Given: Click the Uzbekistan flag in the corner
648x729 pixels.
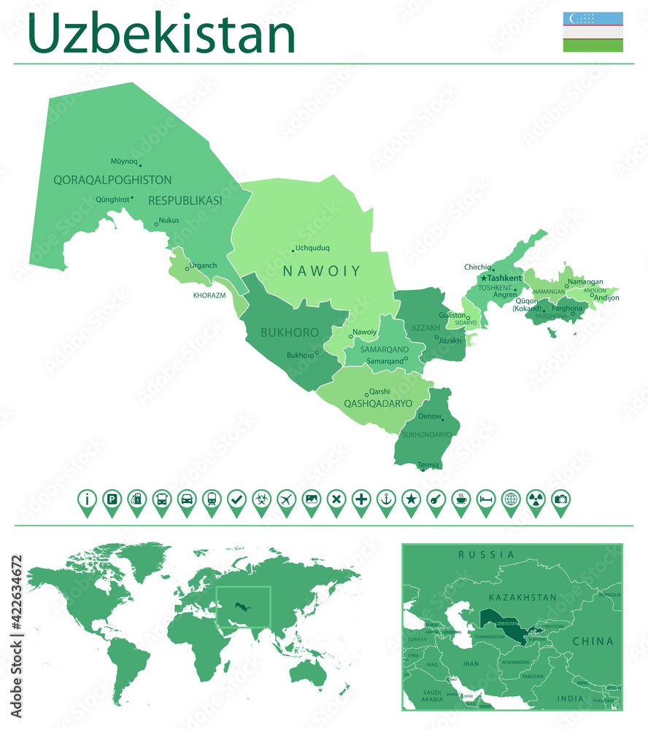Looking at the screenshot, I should click(x=593, y=32).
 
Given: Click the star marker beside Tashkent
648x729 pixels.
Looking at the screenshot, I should click(x=483, y=278).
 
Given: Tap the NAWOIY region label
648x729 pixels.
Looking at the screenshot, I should click(x=322, y=271).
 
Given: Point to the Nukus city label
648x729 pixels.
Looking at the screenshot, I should click(x=169, y=220).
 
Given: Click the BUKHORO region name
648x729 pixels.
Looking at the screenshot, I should click(x=290, y=332).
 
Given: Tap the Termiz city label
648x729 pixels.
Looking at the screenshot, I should click(x=428, y=465).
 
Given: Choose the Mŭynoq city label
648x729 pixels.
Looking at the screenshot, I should click(x=123, y=161).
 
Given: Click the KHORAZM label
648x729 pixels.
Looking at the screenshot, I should click(x=209, y=295).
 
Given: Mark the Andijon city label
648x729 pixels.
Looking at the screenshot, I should click(x=606, y=297).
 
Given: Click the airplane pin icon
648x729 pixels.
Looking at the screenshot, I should click(x=286, y=500).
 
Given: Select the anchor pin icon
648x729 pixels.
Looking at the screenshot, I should click(x=386, y=500).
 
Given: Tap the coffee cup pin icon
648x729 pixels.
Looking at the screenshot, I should click(x=460, y=500).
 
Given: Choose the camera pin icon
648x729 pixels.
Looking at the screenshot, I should click(x=560, y=500).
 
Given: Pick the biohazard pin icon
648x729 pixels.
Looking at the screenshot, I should click(x=261, y=500).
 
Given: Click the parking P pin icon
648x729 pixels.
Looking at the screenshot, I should click(x=112, y=500).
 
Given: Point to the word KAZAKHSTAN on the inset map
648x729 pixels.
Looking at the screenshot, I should click(x=522, y=598).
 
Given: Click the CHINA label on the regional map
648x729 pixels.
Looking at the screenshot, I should click(x=593, y=642).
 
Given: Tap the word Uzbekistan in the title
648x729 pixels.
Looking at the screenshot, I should click(x=162, y=34).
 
